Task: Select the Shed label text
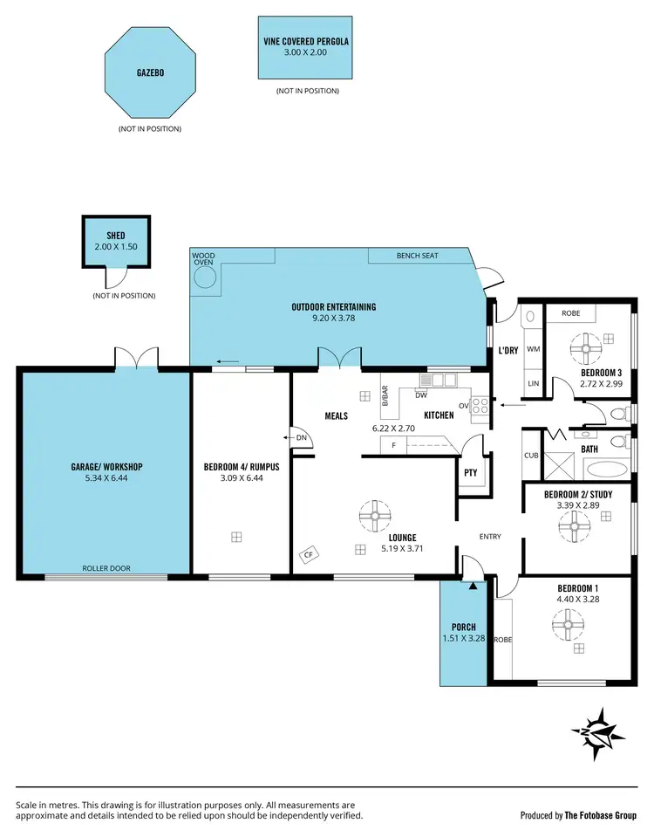pos(116,236)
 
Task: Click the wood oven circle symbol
pos(205,278)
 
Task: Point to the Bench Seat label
pos(417,256)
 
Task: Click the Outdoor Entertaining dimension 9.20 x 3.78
pos(334,319)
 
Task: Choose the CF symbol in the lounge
pos(309,552)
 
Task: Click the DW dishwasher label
pos(420,394)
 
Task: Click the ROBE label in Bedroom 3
pos(571,312)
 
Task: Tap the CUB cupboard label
pos(531,455)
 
